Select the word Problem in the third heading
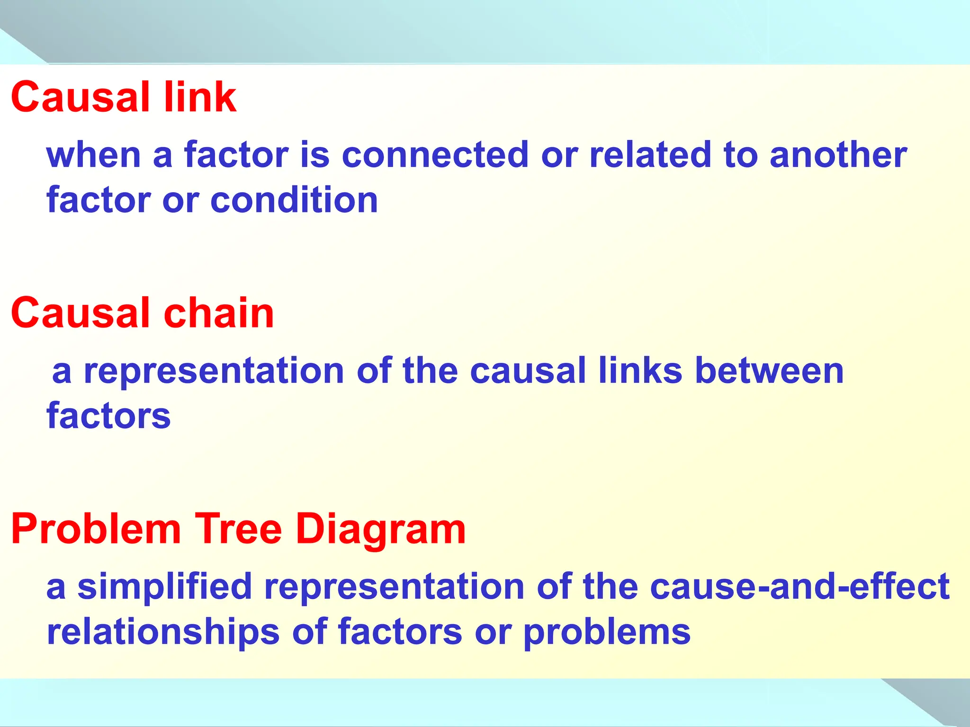96,530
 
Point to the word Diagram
381,530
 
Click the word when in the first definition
94,155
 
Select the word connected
435,155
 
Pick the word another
838,155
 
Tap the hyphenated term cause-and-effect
799,587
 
